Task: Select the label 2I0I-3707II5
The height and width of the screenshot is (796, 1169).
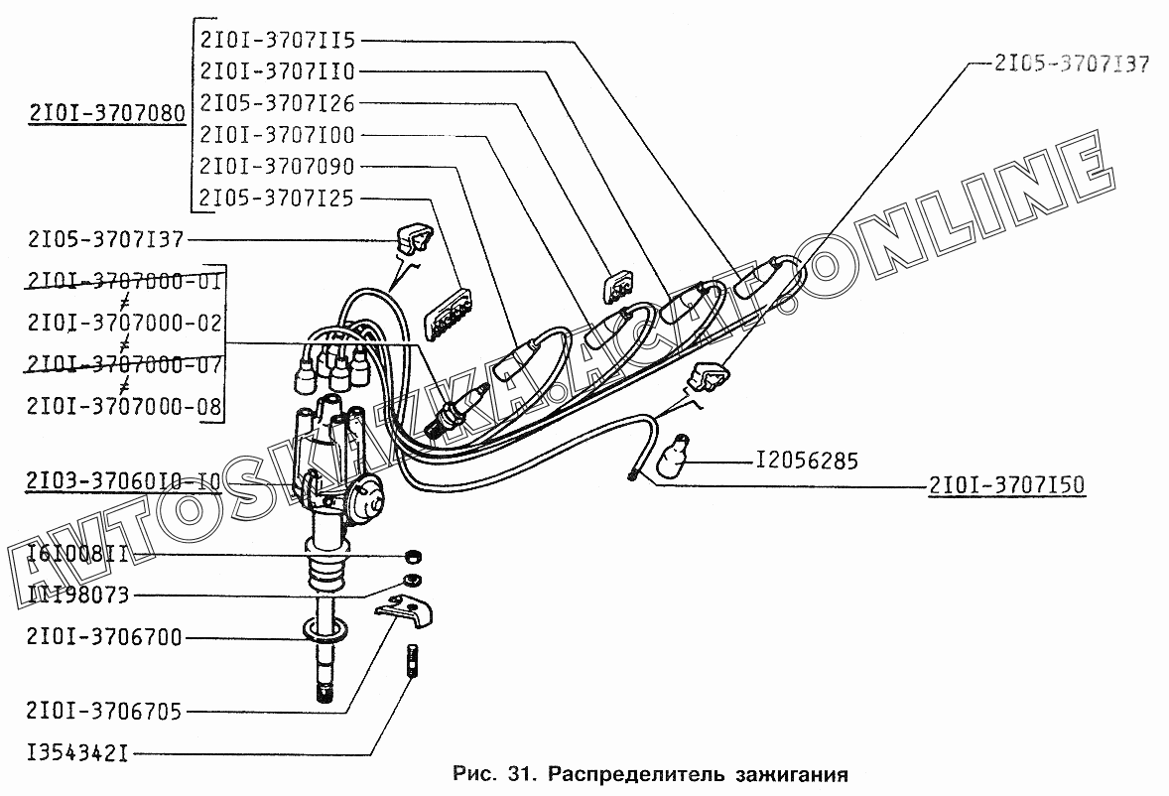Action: (277, 41)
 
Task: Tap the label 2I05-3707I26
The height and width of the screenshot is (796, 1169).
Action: (277, 103)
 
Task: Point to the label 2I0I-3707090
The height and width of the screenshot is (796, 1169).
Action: (277, 166)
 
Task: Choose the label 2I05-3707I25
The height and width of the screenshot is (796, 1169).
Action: (277, 198)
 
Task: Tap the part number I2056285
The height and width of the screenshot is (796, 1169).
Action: (807, 462)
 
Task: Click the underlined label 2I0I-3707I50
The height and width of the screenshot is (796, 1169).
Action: (1007, 485)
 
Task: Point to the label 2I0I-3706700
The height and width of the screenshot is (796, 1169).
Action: (106, 637)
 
